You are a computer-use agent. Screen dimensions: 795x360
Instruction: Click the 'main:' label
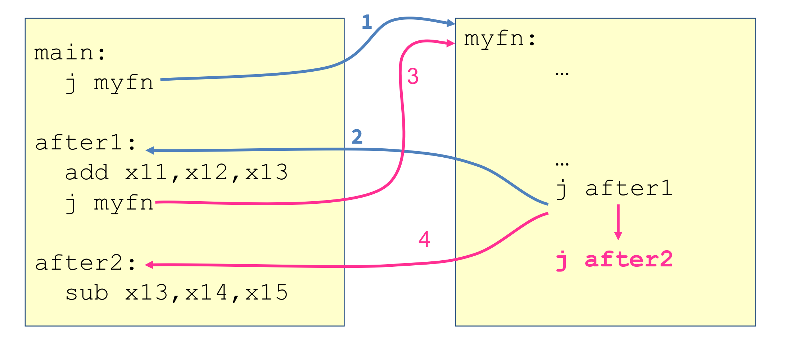(70, 53)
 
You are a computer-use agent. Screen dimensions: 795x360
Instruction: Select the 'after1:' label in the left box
(85, 143)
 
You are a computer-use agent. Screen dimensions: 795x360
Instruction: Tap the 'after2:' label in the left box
(85, 263)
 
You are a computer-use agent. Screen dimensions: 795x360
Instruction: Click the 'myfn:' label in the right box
(500, 39)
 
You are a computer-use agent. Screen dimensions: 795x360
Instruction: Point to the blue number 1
(366, 22)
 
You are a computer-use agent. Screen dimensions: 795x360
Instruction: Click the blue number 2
(357, 137)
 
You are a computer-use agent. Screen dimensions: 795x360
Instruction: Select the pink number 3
(413, 76)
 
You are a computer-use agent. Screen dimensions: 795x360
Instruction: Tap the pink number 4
(424, 239)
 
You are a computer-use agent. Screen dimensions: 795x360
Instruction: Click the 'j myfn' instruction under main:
(109, 83)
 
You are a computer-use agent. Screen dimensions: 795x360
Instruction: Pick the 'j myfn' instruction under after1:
(109, 203)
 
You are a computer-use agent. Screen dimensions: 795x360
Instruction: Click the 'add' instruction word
(87, 172)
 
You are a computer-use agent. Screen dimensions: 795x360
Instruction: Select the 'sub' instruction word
(87, 292)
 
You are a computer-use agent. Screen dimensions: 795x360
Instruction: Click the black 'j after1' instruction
(614, 189)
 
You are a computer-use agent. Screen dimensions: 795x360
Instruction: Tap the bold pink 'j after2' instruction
(614, 260)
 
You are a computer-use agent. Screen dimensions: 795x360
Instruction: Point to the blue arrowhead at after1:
(150, 150)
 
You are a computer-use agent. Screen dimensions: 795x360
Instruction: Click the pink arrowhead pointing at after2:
(149, 265)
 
